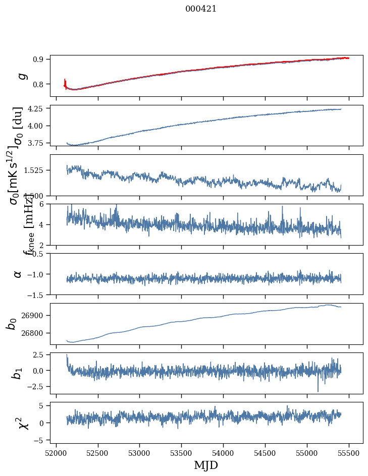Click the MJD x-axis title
(x=206, y=465)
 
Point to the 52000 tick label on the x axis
(x=56, y=453)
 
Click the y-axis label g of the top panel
(x=21, y=76)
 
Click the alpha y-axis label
(x=18, y=274)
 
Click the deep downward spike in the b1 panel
(x=318, y=390)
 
